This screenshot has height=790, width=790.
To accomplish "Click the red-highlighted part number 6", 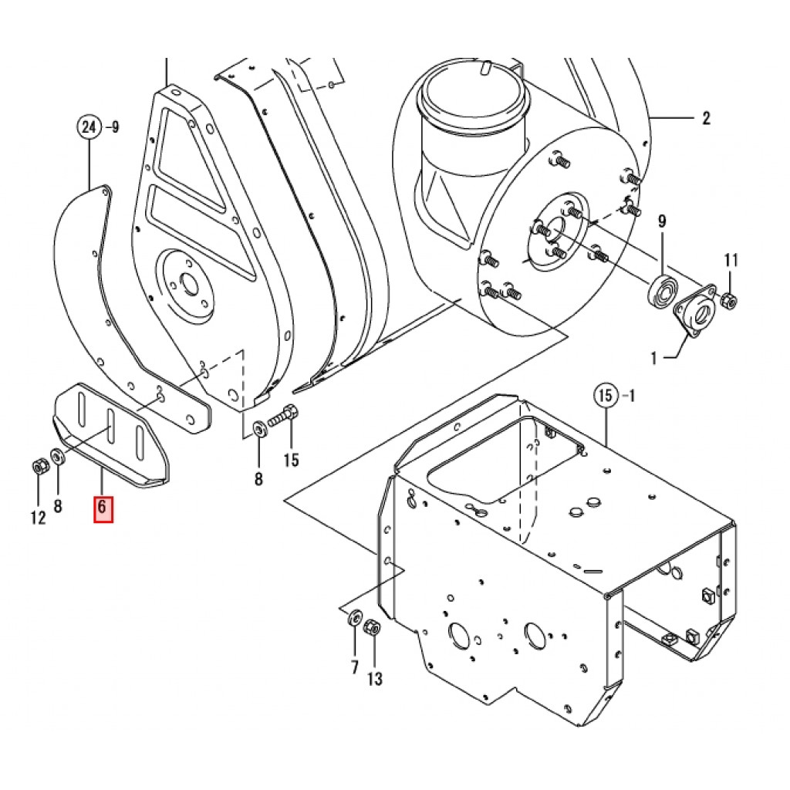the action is (103, 509).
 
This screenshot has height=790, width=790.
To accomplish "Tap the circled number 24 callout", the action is (89, 127).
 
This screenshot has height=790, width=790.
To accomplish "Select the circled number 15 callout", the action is (606, 396).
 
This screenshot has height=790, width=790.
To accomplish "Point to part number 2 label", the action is (707, 118).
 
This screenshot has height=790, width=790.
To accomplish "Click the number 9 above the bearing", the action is (662, 221).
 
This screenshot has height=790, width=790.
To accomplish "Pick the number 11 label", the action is (731, 261).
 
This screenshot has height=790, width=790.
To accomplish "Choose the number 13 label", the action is (374, 679).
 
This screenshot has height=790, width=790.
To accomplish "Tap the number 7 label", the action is (355, 667).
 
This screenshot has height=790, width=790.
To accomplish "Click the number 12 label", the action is (39, 518).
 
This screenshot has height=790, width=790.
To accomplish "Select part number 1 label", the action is (654, 359).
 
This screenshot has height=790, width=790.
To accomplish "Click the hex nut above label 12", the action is (39, 467).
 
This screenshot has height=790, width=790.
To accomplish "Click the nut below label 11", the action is (728, 302).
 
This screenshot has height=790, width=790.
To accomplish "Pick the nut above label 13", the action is (372, 628).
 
